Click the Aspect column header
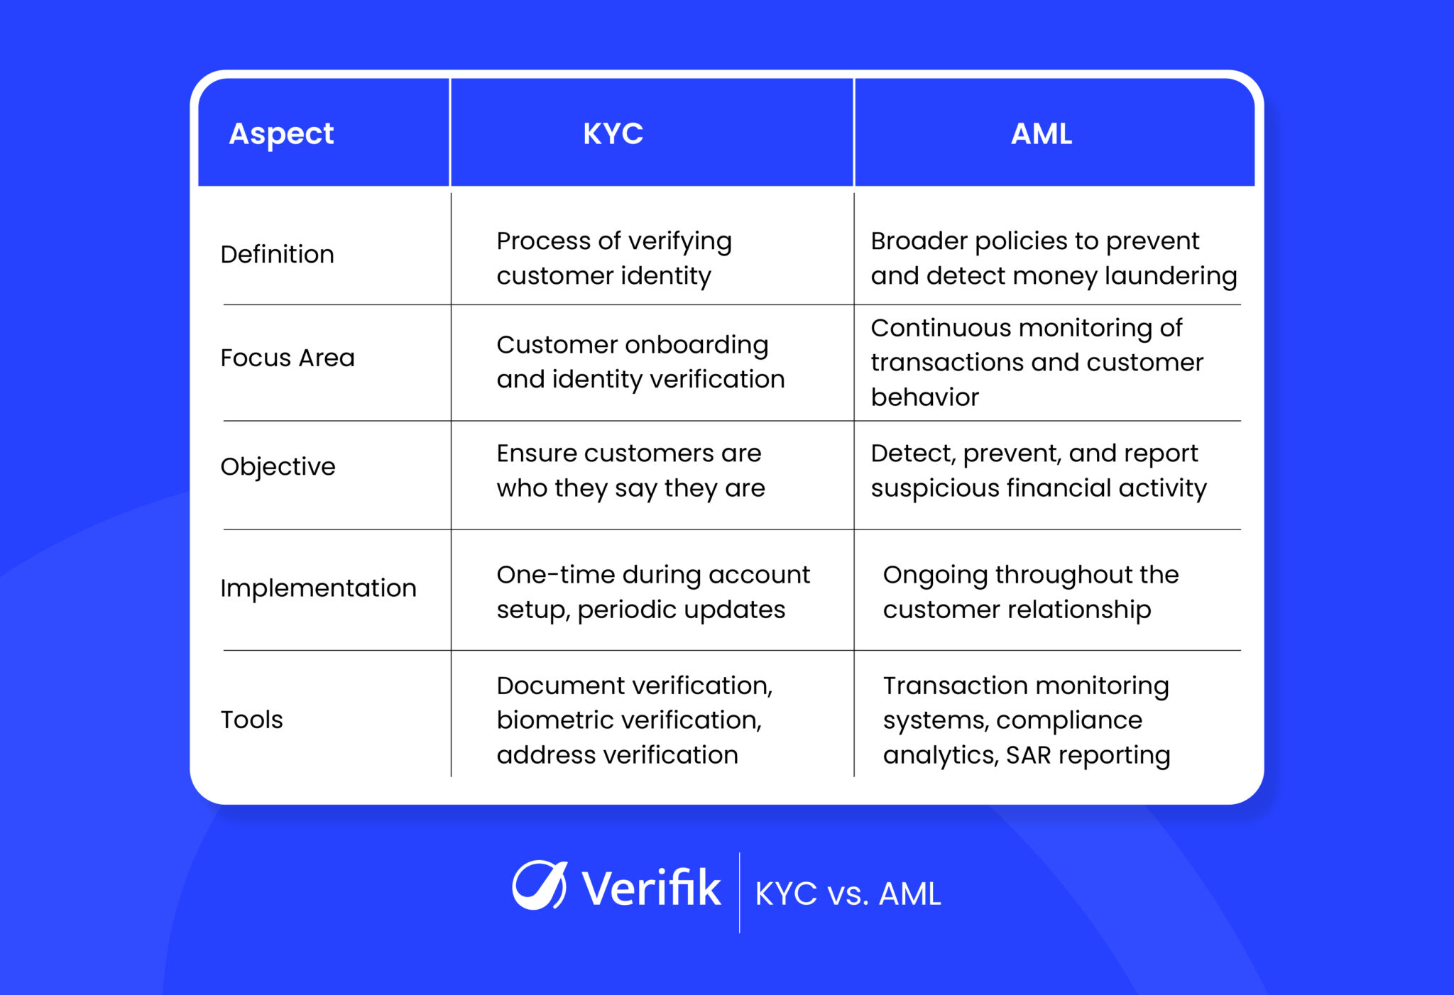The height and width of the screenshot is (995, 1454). pyautogui.click(x=281, y=133)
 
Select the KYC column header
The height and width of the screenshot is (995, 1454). pyautogui.click(x=613, y=133)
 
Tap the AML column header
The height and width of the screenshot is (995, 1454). pyautogui.click(x=1041, y=133)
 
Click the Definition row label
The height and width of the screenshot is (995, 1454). pyautogui.click(x=277, y=254)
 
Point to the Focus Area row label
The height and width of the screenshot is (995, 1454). pyautogui.click(x=287, y=358)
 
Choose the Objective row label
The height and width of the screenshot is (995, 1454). pyautogui.click(x=278, y=466)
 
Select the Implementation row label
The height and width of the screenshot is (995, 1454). pyautogui.click(x=318, y=588)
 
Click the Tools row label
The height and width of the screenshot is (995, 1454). pyautogui.click(x=251, y=720)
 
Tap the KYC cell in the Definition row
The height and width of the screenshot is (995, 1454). pyautogui.click(x=613, y=258)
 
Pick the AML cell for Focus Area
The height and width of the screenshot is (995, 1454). pyautogui.click(x=1037, y=362)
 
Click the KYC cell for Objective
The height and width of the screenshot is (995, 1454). pyautogui.click(x=630, y=471)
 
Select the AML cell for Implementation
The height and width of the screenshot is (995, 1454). pyautogui.click(x=1030, y=592)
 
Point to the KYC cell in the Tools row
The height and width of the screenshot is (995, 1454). pyautogui.click(x=634, y=720)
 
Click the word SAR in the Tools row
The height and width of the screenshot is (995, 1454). pyautogui.click(x=1028, y=755)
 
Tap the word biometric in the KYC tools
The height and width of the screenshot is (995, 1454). pyautogui.click(x=553, y=720)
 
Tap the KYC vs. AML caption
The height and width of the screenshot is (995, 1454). pyautogui.click(x=848, y=894)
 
